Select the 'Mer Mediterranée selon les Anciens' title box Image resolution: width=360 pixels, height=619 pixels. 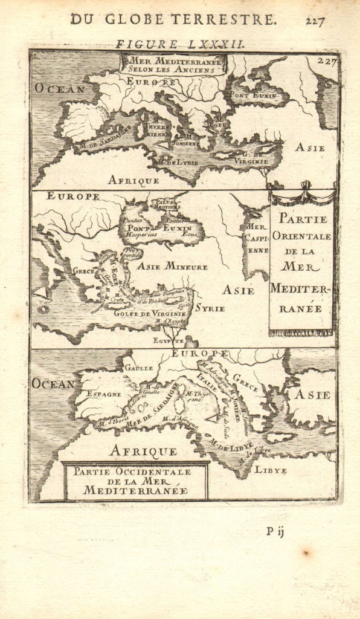click(174, 64)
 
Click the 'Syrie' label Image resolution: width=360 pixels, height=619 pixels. click(209, 308)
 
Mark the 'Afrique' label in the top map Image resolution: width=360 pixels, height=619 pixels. click(133, 180)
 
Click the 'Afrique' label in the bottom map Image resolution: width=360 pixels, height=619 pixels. click(143, 450)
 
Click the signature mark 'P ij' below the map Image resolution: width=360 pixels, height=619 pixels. click(274, 531)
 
